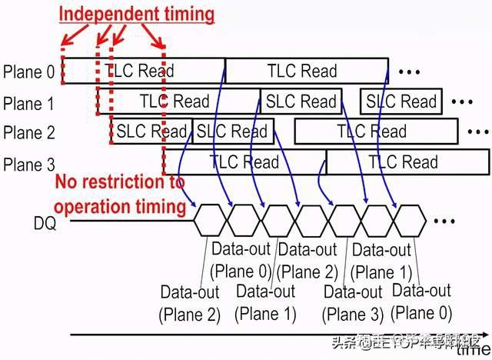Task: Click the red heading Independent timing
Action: point(137,13)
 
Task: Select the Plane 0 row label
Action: point(29,72)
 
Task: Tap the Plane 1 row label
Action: point(29,102)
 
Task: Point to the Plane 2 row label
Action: point(29,132)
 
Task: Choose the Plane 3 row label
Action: point(29,164)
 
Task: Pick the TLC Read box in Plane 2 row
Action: point(372,132)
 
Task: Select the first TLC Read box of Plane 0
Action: point(143,71)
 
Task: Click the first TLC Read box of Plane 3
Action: point(244,162)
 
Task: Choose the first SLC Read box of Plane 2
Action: point(152,132)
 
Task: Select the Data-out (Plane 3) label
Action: point(353,302)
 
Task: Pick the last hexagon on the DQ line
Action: point(409,220)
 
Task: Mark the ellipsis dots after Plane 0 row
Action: point(410,72)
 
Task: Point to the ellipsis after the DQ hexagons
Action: point(445,221)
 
